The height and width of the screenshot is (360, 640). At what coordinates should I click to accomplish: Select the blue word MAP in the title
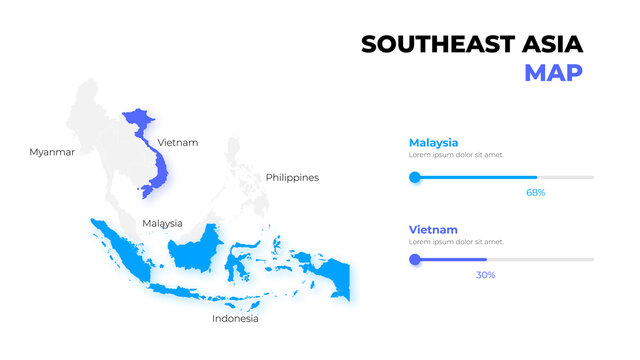click(x=553, y=73)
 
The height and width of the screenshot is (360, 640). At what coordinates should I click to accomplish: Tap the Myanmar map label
click(x=52, y=152)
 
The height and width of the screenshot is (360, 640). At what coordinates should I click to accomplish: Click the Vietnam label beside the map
click(x=178, y=142)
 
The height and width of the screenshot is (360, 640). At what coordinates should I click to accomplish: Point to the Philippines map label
click(x=292, y=177)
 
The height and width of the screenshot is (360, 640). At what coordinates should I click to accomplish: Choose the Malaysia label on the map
click(x=162, y=223)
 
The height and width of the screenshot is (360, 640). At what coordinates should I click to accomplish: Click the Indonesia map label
click(x=235, y=319)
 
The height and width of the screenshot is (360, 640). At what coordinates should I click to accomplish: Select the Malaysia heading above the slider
click(x=433, y=142)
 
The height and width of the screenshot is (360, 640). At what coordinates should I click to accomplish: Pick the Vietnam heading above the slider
click(x=432, y=229)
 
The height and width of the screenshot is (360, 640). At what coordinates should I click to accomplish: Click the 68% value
click(x=535, y=192)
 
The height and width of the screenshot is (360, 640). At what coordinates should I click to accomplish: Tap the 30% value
click(x=485, y=274)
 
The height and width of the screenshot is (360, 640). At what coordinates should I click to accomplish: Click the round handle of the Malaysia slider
click(x=414, y=177)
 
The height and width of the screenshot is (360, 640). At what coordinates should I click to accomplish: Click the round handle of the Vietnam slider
click(x=414, y=260)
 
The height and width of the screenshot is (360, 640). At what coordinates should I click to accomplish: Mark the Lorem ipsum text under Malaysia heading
click(x=456, y=155)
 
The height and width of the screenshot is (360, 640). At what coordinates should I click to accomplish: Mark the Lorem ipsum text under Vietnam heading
click(x=456, y=242)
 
